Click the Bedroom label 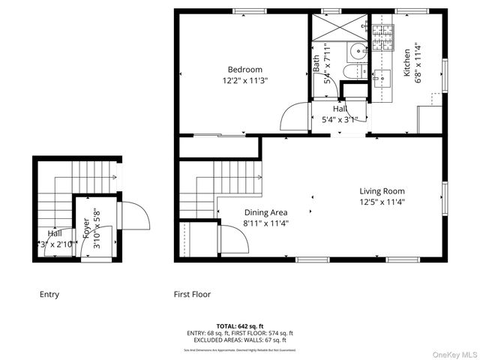(x=244, y=70)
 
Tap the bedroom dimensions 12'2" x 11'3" (x=244, y=80)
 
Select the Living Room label (x=382, y=190)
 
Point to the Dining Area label (x=265, y=212)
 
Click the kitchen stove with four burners (x=382, y=38)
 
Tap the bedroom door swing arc (x=295, y=118)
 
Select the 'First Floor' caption (x=192, y=295)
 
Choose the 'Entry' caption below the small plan (x=49, y=295)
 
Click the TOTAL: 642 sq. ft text (x=239, y=326)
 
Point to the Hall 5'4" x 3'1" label (x=340, y=113)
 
